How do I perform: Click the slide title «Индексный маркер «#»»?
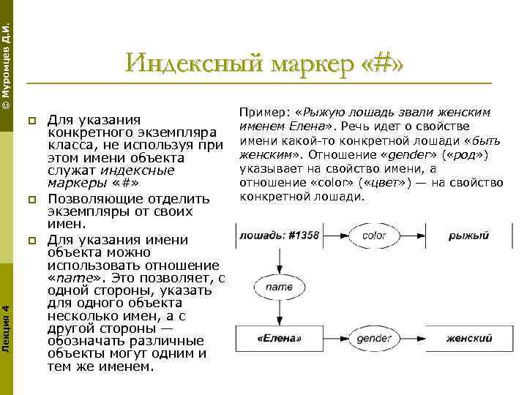pos(264,63)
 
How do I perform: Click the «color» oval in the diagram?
pos(374,236)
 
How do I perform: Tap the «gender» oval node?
pos(374,339)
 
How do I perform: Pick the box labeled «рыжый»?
pos(468,236)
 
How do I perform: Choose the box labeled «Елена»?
pos(279,339)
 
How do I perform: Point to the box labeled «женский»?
pos(468,339)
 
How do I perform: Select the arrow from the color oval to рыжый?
pos(419,236)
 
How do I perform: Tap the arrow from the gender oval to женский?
pos(419,339)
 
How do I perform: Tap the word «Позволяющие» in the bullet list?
pos(89,199)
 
